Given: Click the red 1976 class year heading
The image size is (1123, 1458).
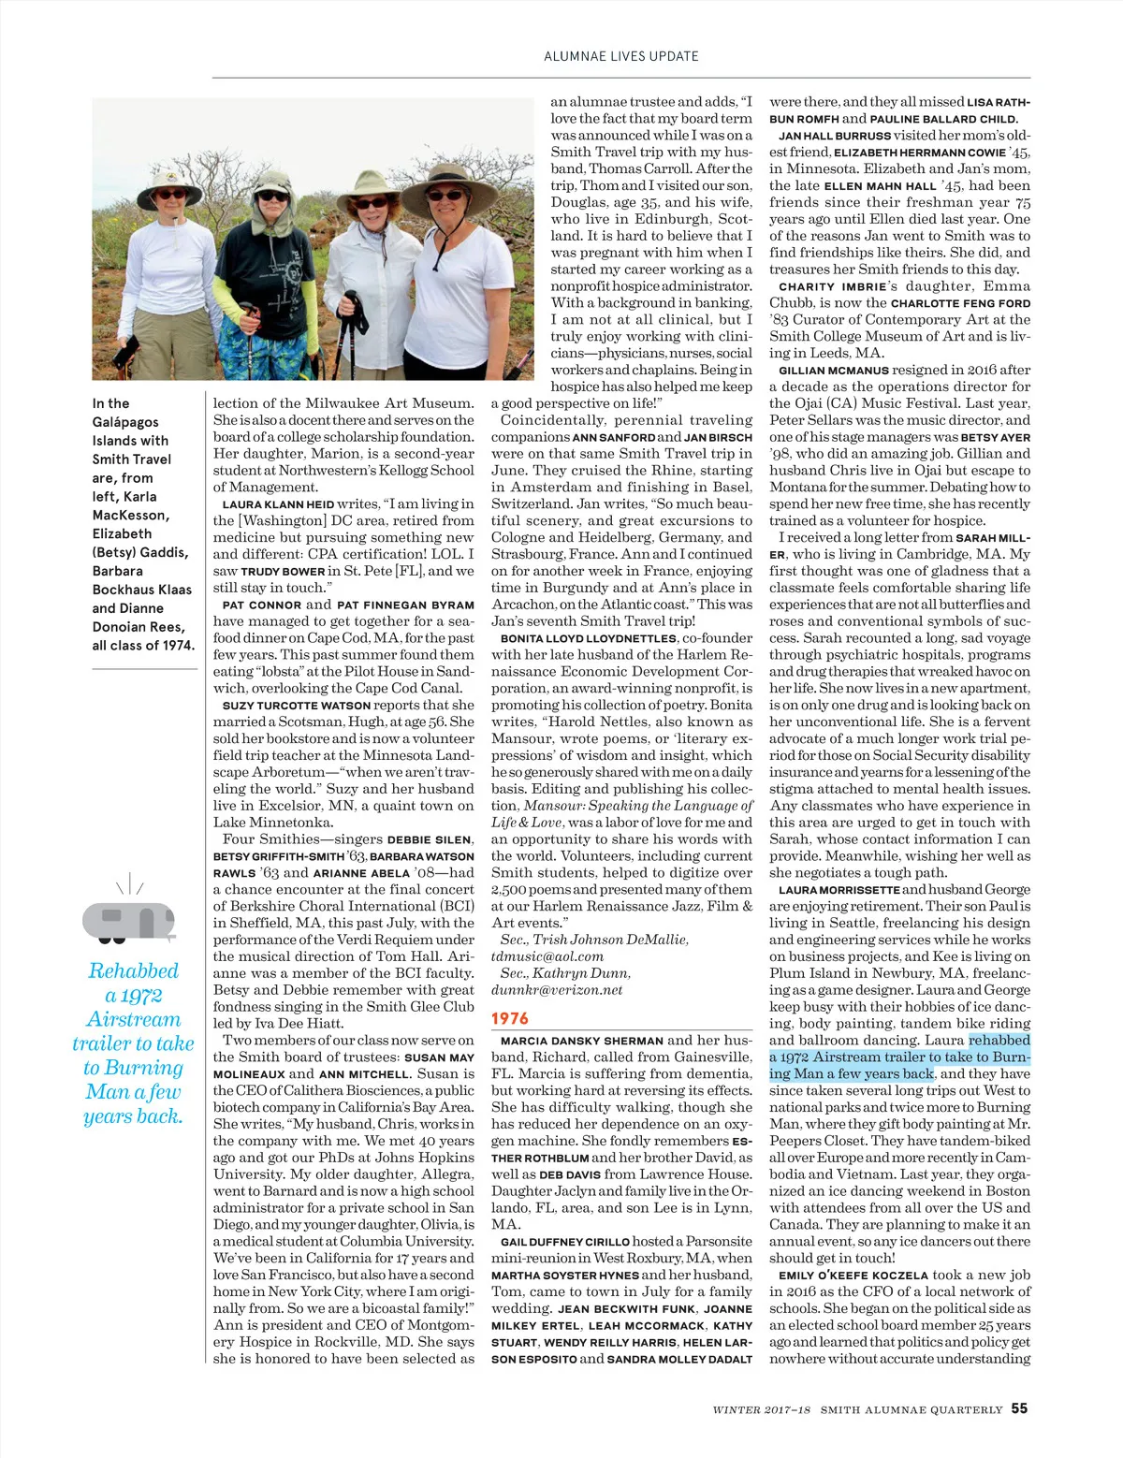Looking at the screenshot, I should click(510, 1018).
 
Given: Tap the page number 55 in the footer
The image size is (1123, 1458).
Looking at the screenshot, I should click(1019, 1408).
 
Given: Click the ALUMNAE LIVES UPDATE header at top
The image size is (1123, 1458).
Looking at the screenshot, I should click(621, 56).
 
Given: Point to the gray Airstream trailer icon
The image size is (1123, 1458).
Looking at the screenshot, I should click(129, 921).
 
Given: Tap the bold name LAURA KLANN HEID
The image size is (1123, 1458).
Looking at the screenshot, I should click(278, 504).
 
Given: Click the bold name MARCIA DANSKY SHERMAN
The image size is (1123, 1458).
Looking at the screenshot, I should click(582, 1041).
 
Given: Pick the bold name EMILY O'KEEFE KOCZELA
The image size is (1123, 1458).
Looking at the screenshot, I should click(853, 1276).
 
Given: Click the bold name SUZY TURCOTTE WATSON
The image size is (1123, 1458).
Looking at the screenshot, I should click(296, 706).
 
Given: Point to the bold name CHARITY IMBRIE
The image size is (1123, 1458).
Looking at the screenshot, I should click(833, 286).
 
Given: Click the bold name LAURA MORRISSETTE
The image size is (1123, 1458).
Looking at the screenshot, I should click(839, 890).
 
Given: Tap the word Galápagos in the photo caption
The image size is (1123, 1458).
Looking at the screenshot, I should click(125, 422).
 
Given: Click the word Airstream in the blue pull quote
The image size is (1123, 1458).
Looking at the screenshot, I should click(133, 1019).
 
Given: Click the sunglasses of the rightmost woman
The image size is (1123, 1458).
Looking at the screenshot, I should click(447, 196).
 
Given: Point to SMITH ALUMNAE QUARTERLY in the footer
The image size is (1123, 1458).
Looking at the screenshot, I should click(912, 1409).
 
